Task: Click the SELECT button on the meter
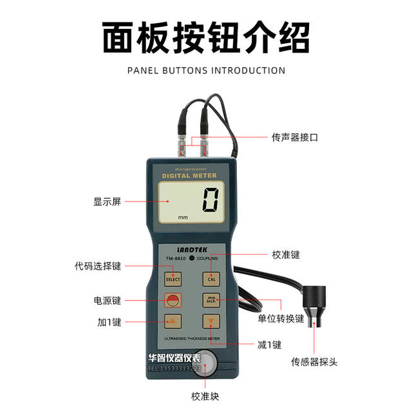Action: click(x=173, y=279)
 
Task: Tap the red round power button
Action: click(x=173, y=300)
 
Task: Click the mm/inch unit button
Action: click(x=211, y=300)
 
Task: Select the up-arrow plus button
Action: click(x=173, y=321)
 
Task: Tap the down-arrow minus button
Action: click(x=211, y=321)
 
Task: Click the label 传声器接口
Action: click(x=294, y=138)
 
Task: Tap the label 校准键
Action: click(x=286, y=255)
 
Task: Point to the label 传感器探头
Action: click(x=314, y=362)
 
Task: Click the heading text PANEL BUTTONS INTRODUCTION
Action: click(x=206, y=70)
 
